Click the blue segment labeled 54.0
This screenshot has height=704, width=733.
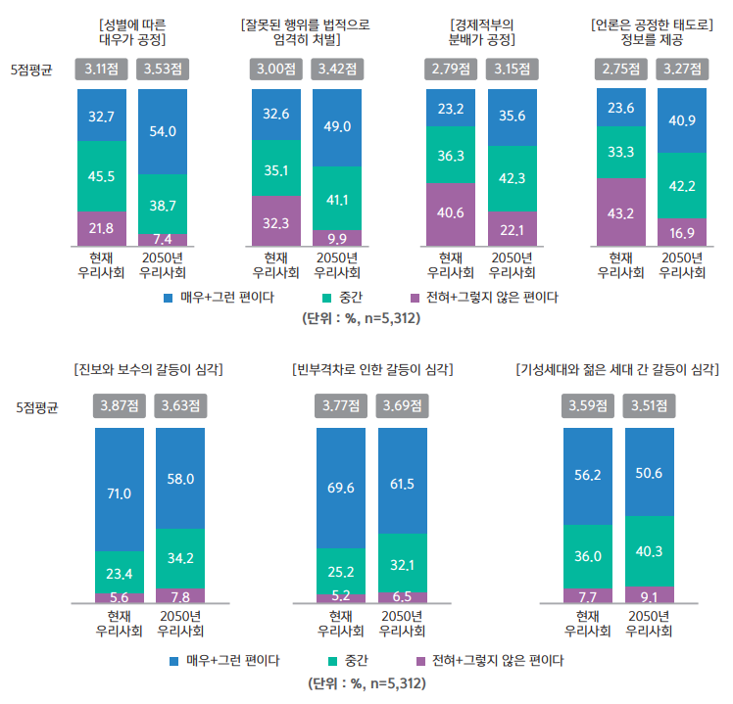[x=163, y=130]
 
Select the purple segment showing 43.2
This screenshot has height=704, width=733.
[x=620, y=212]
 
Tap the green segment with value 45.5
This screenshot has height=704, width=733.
[x=102, y=176]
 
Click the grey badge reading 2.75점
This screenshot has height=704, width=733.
[x=620, y=69]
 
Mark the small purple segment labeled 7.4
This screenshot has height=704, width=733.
[x=163, y=240]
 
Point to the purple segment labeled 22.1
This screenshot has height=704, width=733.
[x=512, y=228]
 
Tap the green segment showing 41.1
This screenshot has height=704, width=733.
[x=337, y=199]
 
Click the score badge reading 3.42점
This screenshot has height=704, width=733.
[x=337, y=69]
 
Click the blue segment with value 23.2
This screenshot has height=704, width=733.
[x=451, y=108]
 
